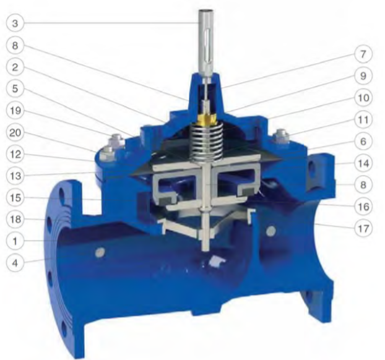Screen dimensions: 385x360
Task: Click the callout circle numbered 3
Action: [x=15, y=24]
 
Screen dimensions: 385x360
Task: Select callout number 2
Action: [x=15, y=67]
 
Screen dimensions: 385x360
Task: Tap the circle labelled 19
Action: [x=15, y=111]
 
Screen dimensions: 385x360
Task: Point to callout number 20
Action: [x=15, y=132]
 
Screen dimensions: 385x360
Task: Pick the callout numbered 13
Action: [x=15, y=176]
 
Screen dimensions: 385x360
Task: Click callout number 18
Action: [x=15, y=220]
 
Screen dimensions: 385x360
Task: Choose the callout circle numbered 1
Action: [x=15, y=241]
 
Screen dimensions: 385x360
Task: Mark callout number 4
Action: [x=15, y=263]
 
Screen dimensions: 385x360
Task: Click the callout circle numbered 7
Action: [x=363, y=54]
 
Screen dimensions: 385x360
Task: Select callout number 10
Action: [x=363, y=98]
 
